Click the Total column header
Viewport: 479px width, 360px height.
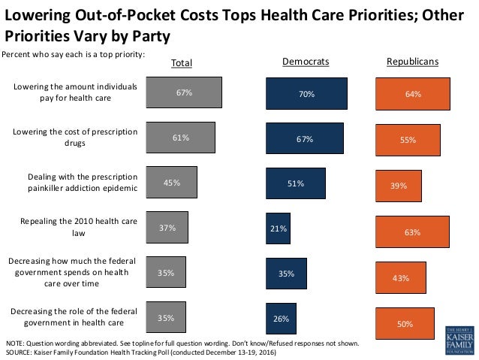[x=181, y=63]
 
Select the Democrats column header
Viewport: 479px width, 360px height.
[x=305, y=62]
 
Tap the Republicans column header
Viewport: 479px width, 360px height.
[x=412, y=62]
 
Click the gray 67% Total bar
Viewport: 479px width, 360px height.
[x=185, y=92]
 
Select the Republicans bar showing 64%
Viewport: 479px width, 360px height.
[x=413, y=95]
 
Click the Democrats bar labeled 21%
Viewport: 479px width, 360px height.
[x=278, y=228]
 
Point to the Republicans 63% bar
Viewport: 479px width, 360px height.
[x=412, y=232]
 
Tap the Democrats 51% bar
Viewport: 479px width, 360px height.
[x=296, y=184]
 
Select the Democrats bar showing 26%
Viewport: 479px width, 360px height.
[x=281, y=318]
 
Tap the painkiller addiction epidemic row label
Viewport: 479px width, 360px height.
[x=83, y=183]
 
